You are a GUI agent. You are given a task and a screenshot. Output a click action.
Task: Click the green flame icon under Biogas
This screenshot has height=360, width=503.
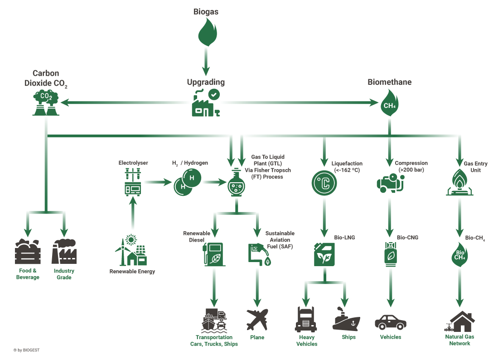207,32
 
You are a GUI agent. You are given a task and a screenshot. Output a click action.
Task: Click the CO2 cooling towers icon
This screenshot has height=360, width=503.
46,102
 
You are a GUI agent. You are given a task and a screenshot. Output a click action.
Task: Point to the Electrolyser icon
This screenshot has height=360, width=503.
133,182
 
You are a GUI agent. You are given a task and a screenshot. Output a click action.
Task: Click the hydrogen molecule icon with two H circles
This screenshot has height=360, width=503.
187,182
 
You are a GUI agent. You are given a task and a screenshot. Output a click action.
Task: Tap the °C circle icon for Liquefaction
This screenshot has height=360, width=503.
324,183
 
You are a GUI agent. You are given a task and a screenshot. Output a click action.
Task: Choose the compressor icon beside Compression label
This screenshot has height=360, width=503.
390,183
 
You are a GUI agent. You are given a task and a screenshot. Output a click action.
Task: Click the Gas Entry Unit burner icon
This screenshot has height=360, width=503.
459,182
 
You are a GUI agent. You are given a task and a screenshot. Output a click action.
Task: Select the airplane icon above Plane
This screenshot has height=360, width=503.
257,320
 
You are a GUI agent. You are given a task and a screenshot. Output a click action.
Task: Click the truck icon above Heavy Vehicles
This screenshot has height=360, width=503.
306,319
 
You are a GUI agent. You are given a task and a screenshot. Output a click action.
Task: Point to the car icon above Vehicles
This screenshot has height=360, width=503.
391,322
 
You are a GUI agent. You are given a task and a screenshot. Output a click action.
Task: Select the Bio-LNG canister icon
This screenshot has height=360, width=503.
324,254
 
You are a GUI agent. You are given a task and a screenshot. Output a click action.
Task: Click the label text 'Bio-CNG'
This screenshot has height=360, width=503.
407,238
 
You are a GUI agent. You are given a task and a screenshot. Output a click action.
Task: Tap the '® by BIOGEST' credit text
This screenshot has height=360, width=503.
26,350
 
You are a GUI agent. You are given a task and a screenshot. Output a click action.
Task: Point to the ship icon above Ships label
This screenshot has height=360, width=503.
347,319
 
